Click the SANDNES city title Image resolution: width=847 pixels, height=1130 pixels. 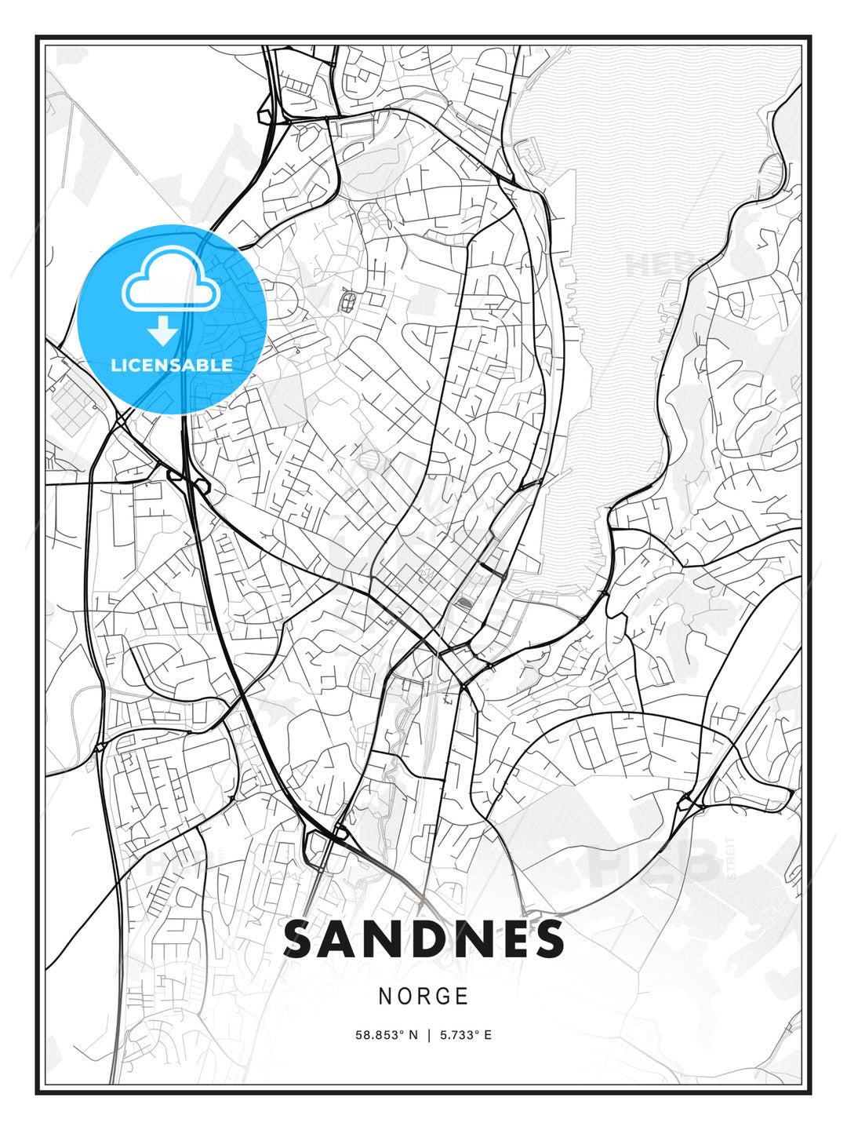pyautogui.click(x=423, y=939)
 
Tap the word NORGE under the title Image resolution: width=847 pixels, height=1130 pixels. pyautogui.click(x=423, y=996)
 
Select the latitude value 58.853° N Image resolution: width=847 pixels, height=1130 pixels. pyautogui.click(x=387, y=1035)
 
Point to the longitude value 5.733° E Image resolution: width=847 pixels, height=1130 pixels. pyautogui.click(x=466, y=1035)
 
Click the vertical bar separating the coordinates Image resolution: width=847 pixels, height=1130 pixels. pyautogui.click(x=429, y=1035)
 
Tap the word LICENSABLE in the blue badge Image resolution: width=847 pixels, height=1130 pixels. pyautogui.click(x=172, y=365)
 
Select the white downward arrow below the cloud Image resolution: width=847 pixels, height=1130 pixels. pyautogui.click(x=163, y=330)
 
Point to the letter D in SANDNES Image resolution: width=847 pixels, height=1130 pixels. pyautogui.click(x=425, y=939)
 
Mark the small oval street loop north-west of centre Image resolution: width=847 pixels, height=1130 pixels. pyautogui.click(x=348, y=299)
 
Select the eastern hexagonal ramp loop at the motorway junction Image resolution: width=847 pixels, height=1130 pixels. pyautogui.click(x=201, y=487)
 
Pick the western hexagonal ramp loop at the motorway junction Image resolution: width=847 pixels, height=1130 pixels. pyautogui.click(x=174, y=475)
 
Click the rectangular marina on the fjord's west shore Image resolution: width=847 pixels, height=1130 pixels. pyautogui.click(x=529, y=157)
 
